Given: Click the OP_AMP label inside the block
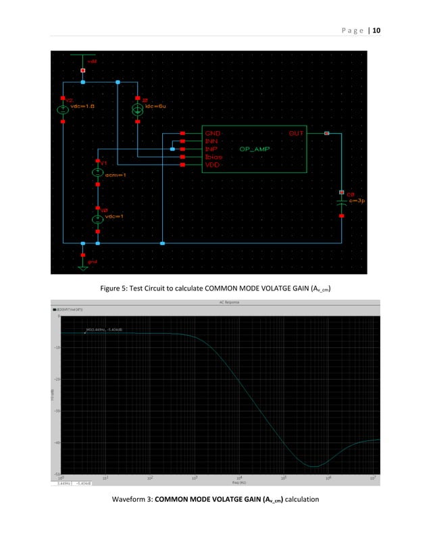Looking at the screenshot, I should coord(254,149).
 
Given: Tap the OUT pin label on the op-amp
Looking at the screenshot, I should coord(297,134).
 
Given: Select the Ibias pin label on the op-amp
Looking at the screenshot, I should coord(213,157).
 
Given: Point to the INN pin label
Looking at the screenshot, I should coord(211,141).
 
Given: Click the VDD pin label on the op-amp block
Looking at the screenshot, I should coord(212,164).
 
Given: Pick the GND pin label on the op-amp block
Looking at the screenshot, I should coord(212,134).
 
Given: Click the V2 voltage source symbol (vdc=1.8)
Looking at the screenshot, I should coord(63,109).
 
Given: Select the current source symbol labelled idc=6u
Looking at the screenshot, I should coord(137,109).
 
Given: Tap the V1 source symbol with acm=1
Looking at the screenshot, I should coord(98,173).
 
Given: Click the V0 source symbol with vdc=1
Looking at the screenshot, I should coord(98,218).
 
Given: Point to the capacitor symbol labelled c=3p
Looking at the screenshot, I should coord(342,201).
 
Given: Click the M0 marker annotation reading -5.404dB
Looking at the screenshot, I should coord(103,330).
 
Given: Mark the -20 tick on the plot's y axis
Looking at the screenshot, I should coord(56,379).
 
